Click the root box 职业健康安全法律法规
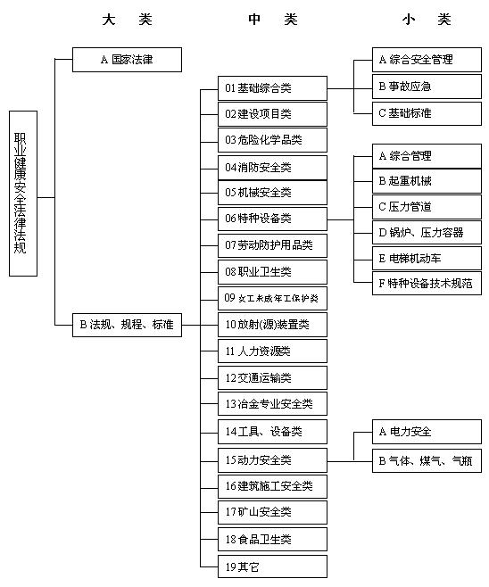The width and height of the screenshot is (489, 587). click(23, 194)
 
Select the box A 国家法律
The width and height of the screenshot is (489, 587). click(127, 60)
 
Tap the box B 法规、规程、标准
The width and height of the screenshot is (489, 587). click(127, 325)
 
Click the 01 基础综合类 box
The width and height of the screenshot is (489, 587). click(272, 88)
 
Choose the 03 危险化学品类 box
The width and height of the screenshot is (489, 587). click(272, 140)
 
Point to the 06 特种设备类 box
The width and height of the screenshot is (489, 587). click(272, 219)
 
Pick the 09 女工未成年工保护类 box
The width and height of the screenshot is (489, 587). click(272, 299)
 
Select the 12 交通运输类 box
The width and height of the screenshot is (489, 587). click(272, 377)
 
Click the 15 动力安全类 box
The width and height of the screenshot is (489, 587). click(272, 460)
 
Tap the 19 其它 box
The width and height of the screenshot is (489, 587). click(272, 566)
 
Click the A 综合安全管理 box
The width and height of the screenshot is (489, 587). click(427, 60)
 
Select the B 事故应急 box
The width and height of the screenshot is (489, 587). click(427, 87)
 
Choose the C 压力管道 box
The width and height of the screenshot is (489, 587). click(427, 207)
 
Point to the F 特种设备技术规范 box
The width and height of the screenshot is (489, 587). click(427, 284)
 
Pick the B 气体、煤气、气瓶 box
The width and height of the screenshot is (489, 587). click(427, 461)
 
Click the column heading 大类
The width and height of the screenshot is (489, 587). click(128, 20)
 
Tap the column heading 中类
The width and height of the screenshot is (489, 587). click(273, 20)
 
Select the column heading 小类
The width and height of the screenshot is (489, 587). click(427, 20)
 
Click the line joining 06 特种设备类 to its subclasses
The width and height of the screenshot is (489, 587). click(340, 219)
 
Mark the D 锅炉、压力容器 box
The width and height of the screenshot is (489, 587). click(427, 233)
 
